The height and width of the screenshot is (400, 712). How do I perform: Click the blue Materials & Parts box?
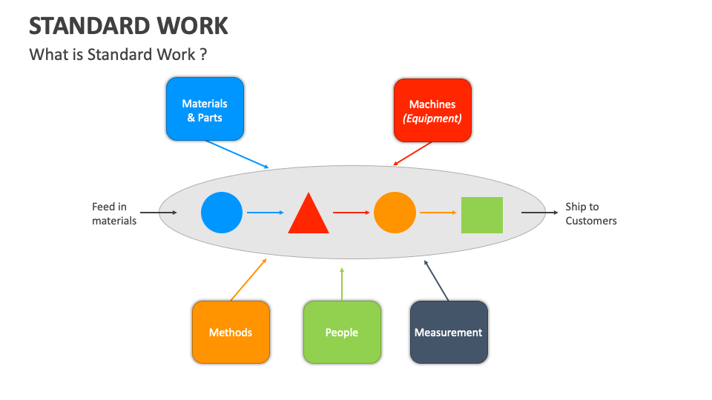pyautogui.click(x=205, y=110)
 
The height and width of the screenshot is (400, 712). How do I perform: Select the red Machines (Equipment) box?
pyautogui.click(x=432, y=110)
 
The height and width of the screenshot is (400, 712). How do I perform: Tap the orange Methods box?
pyautogui.click(x=231, y=333)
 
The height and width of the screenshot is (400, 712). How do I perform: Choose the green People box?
pyautogui.click(x=342, y=333)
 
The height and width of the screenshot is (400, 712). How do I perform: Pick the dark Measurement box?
pyautogui.click(x=449, y=333)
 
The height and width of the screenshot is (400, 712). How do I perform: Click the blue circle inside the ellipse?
pyautogui.click(x=222, y=213)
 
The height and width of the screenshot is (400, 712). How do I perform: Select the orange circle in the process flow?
pyautogui.click(x=395, y=213)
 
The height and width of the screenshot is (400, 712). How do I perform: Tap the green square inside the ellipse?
pyautogui.click(x=482, y=215)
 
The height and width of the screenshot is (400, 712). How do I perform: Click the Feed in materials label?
pyautogui.click(x=114, y=213)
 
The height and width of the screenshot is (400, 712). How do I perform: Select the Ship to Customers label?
pyautogui.click(x=590, y=213)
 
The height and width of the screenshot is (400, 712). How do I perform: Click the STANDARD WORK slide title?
pyautogui.click(x=128, y=26)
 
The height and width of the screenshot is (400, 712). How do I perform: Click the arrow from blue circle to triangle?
pyautogui.click(x=265, y=213)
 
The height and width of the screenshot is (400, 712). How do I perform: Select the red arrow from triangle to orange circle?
pyautogui.click(x=351, y=213)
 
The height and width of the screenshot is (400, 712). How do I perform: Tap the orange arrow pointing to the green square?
pyautogui.click(x=438, y=213)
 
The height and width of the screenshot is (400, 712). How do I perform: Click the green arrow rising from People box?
pyautogui.click(x=342, y=284)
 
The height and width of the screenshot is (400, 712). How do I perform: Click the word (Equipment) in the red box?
pyautogui.click(x=432, y=119)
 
